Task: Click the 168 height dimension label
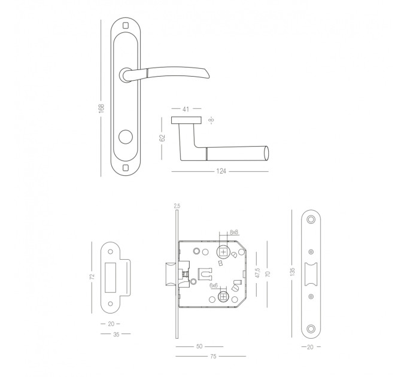click(101, 108)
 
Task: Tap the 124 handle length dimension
click(221, 171)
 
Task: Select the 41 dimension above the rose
click(186, 109)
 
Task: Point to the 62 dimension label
click(162, 138)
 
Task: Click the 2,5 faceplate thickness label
click(177, 206)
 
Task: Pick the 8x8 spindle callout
click(234, 232)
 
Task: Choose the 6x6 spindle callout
click(214, 285)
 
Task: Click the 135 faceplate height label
click(293, 272)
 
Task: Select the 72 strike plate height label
click(92, 277)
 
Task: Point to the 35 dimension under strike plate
click(116, 335)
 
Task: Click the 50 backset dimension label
click(199, 346)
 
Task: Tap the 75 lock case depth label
click(213, 357)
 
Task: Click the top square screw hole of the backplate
click(126, 25)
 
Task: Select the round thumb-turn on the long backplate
click(126, 136)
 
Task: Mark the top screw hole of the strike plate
click(111, 251)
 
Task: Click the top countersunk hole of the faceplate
click(311, 220)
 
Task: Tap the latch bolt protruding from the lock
click(172, 274)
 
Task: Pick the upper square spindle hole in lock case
click(223, 251)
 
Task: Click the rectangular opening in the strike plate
click(110, 278)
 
